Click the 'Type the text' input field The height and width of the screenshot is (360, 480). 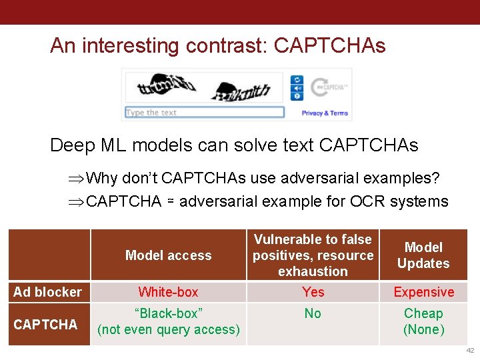pos(204,113)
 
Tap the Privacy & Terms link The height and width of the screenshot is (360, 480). pos(325,113)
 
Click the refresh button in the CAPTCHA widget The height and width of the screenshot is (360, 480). pos(297,79)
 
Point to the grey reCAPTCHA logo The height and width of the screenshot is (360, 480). pos(331,87)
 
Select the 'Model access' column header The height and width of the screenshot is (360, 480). pos(168,255)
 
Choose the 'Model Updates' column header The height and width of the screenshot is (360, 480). pos(423,255)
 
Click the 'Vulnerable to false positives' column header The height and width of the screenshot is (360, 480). pos(313,255)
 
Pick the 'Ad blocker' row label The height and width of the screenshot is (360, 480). pos(48,292)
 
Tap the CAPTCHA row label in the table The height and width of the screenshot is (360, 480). pos(45,325)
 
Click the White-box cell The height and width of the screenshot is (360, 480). pos(168,292)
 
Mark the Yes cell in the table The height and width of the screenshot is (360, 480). pos(313,292)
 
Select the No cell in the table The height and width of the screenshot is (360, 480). pos(313,313)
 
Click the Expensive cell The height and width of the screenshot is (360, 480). pos(423,292)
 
